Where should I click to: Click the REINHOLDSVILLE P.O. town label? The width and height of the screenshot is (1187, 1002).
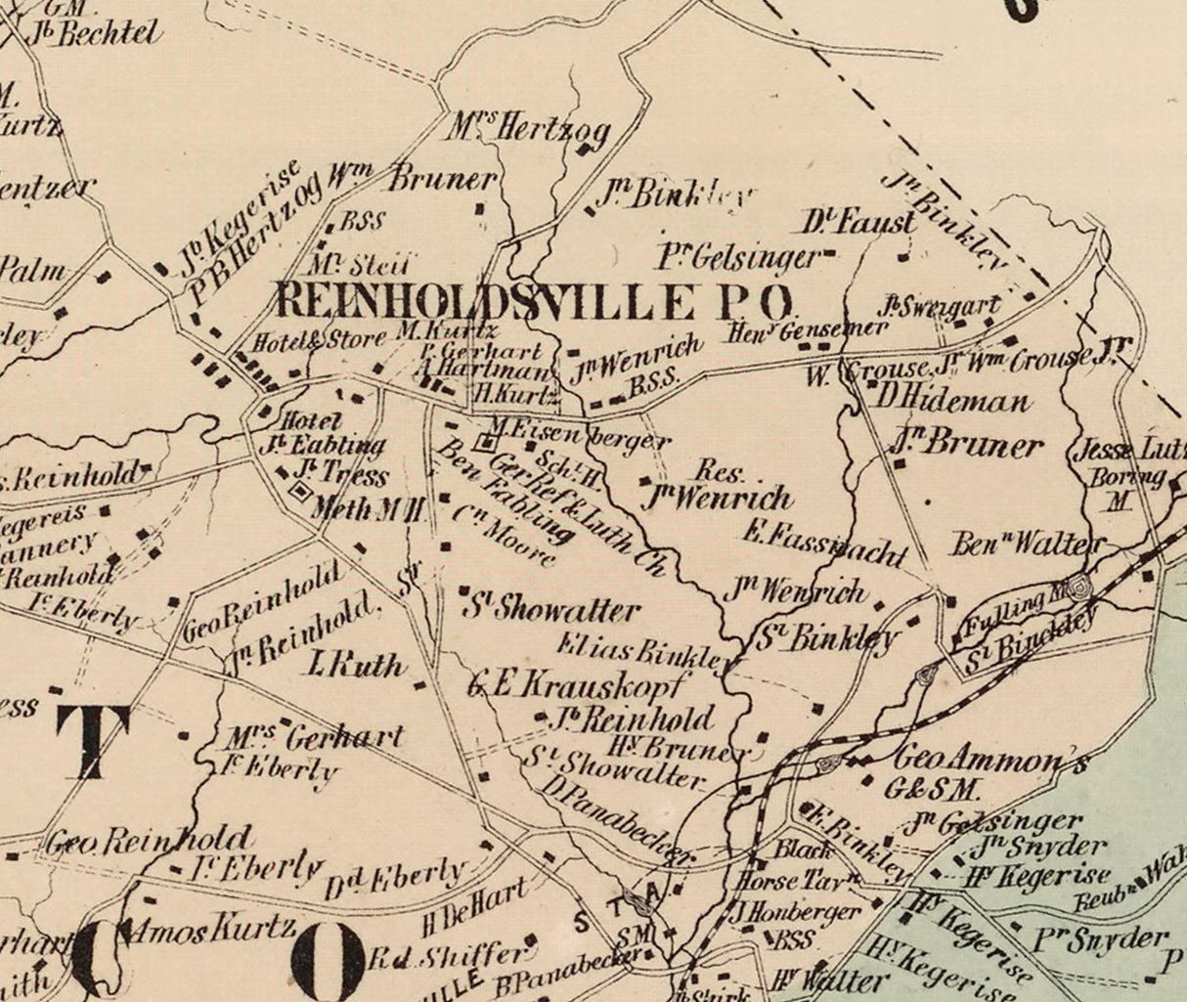click(534, 301)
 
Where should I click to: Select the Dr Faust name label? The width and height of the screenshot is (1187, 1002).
click(859, 222)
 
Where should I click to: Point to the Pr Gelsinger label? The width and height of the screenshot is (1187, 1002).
click(737, 257)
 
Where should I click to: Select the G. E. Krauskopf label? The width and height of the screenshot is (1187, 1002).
click(579, 685)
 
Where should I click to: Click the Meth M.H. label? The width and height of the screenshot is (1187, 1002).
click(368, 509)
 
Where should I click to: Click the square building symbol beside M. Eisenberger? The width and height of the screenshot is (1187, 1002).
click(483, 443)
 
